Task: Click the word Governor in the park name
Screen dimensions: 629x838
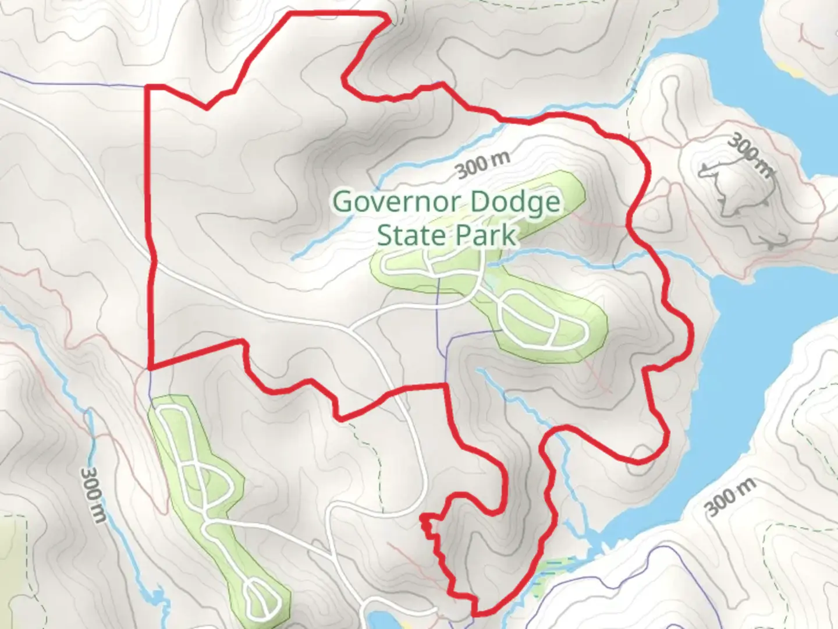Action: [398, 202]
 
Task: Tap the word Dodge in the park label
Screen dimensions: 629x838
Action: [514, 202]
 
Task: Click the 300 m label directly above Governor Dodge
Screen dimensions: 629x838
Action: [483, 165]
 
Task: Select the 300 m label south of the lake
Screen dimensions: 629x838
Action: [731, 497]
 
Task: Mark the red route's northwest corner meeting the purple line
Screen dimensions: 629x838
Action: [147, 87]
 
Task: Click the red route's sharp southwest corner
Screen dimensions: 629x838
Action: [151, 367]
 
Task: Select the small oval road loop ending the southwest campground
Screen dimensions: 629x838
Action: [258, 600]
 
